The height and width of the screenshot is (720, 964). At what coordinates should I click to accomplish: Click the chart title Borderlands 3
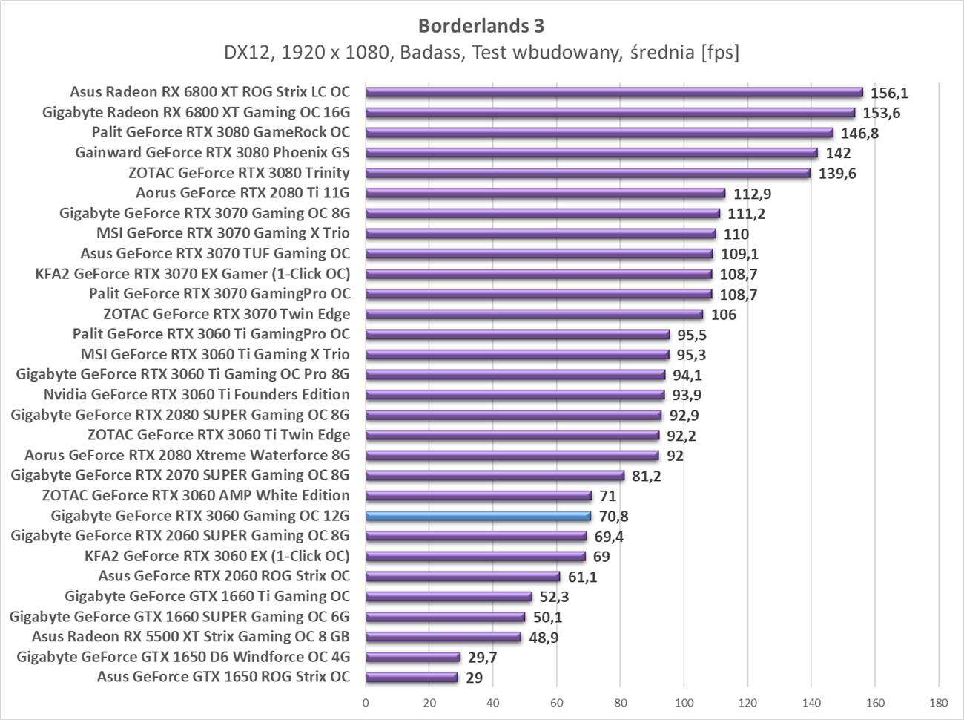tap(481, 26)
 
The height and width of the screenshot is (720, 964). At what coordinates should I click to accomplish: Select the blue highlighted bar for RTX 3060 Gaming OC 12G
tap(478, 516)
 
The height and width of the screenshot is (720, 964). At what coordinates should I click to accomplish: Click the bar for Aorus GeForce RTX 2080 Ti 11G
tap(545, 193)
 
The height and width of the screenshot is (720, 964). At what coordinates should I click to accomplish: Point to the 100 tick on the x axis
tap(684, 701)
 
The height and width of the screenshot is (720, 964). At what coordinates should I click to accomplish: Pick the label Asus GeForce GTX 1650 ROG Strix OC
tap(223, 677)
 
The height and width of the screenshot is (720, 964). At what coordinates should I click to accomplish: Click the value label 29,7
tap(482, 657)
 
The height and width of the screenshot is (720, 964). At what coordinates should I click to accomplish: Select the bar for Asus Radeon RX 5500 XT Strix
tap(443, 637)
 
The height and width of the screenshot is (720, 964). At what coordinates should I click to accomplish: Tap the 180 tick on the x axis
tap(938, 701)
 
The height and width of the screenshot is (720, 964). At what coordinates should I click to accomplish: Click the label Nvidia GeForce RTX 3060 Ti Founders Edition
tap(197, 394)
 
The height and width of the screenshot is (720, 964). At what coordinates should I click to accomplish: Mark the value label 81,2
tap(646, 476)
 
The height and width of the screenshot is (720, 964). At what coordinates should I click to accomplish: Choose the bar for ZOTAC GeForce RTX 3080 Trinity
tap(588, 173)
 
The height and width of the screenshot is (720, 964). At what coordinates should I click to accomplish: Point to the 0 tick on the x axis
tap(366, 701)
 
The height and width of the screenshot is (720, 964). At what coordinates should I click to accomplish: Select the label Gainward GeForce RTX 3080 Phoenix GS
tap(212, 153)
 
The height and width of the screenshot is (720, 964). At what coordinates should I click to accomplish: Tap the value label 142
tap(838, 154)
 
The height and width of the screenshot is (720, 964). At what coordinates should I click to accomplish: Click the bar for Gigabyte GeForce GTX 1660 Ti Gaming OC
tap(449, 596)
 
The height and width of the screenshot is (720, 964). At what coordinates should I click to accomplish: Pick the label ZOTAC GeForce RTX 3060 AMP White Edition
tap(196, 495)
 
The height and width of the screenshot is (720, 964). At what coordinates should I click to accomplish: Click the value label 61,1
tap(582, 577)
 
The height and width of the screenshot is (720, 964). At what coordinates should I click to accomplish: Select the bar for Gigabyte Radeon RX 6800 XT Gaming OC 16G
tap(610, 113)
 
